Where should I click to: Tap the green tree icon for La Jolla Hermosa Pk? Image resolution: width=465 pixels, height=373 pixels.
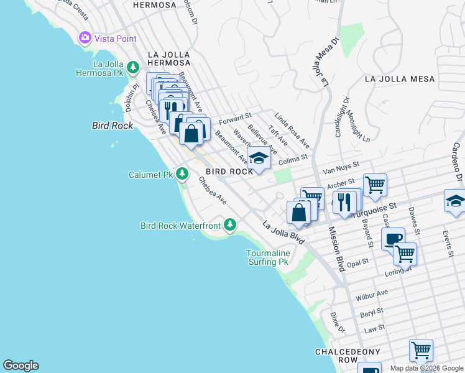(x=132, y=67)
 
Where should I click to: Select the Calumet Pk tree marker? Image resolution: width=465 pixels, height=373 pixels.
(x=182, y=173)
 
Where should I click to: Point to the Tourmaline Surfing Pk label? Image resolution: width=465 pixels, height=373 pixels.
(x=267, y=257)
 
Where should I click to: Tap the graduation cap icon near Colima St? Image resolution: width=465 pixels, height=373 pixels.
(x=259, y=158)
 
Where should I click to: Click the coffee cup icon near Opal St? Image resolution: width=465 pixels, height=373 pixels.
(x=392, y=239)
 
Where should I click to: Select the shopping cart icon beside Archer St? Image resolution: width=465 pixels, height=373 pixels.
(x=375, y=185)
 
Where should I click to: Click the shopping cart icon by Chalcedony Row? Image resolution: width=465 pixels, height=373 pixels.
(x=421, y=351)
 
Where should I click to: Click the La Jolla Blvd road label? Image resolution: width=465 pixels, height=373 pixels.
(x=283, y=233)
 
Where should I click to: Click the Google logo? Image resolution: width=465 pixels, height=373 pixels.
(x=21, y=366)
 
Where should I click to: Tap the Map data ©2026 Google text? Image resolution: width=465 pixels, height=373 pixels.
(x=426, y=368)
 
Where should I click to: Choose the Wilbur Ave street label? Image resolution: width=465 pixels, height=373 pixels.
(x=372, y=295)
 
